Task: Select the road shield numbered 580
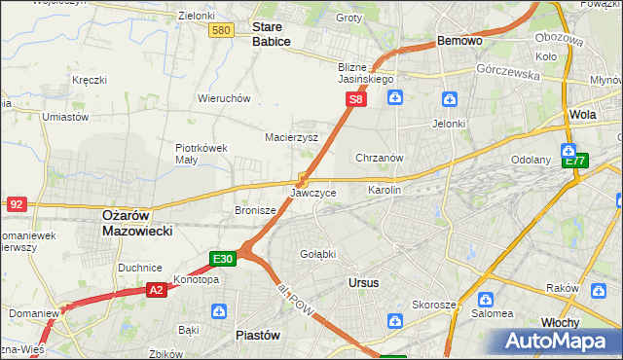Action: (222, 31)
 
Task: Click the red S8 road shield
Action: (357, 99)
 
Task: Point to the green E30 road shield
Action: (223, 258)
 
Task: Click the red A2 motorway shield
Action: (157, 289)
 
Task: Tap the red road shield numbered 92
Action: (16, 203)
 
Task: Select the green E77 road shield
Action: (575, 161)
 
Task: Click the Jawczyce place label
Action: (313, 193)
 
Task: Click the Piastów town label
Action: (258, 334)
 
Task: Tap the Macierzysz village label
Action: (292, 137)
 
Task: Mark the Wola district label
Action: (583, 114)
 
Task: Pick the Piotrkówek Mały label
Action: (202, 154)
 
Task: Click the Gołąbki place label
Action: (317, 253)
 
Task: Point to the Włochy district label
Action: (561, 321)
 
